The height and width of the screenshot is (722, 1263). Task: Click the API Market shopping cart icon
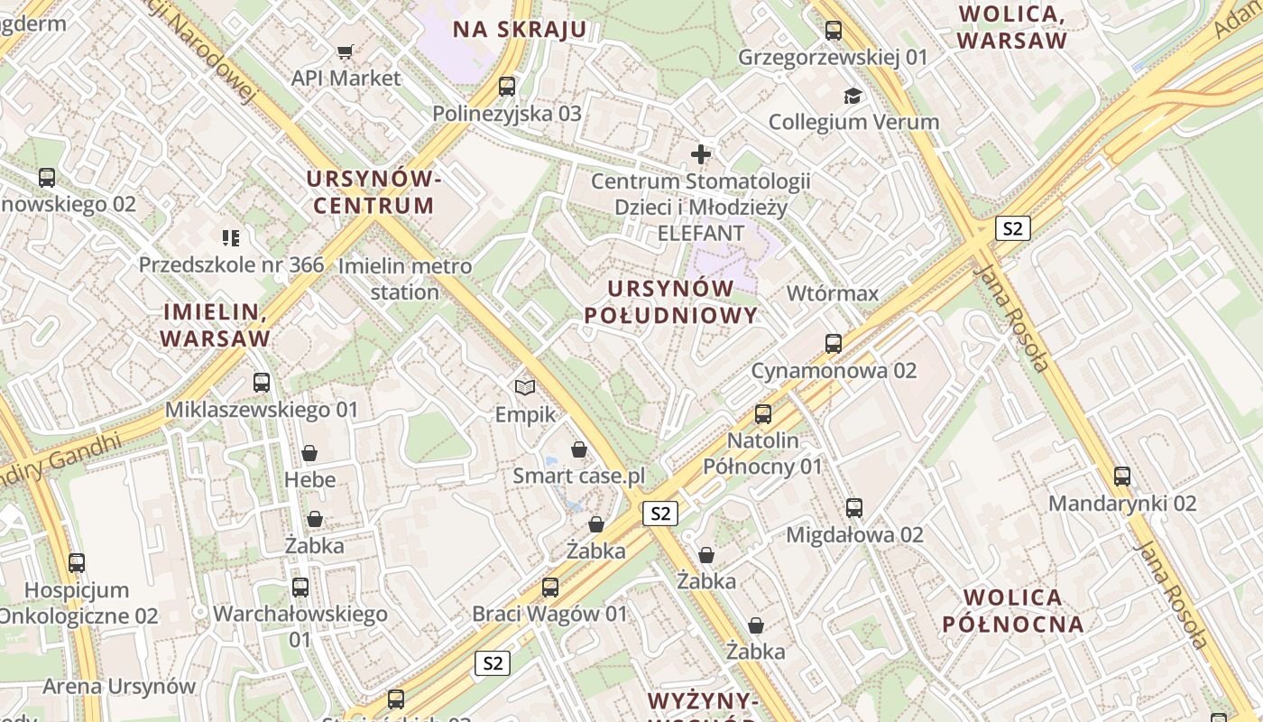(x=345, y=51)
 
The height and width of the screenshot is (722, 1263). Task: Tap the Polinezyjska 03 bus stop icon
(x=507, y=87)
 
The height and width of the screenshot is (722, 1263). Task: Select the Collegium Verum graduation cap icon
(x=853, y=95)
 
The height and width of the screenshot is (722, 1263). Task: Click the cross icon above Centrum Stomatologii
(x=701, y=154)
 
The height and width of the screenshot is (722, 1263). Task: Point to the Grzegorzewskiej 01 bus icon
(x=834, y=31)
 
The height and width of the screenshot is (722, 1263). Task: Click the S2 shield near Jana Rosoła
(x=1013, y=228)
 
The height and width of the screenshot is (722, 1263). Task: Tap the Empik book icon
(x=525, y=387)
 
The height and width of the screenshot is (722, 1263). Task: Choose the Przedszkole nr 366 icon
(x=231, y=238)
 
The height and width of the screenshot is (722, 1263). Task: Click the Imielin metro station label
(x=405, y=279)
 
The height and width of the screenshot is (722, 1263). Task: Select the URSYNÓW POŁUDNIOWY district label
(x=670, y=301)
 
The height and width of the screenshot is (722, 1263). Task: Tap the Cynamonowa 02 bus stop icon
(x=834, y=344)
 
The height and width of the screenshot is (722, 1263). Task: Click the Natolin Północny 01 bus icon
(x=763, y=414)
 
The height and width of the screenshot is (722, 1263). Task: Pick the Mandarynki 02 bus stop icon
(x=1122, y=477)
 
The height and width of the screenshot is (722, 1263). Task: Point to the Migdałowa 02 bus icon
(x=854, y=508)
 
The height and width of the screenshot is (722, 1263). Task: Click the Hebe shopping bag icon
(x=309, y=453)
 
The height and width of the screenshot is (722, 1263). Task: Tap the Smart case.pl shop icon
(x=579, y=449)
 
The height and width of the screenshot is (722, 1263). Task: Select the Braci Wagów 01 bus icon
(x=550, y=588)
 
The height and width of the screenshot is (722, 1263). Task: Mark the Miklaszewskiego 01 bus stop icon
(x=262, y=383)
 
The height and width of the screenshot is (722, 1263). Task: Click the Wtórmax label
(x=832, y=293)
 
